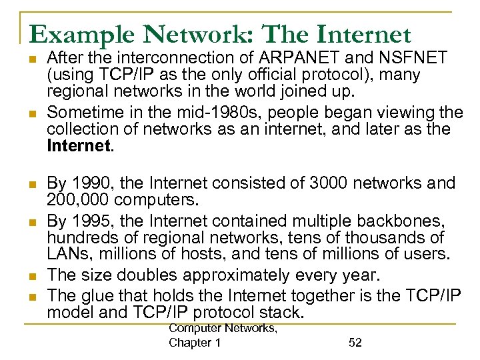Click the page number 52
[355, 342]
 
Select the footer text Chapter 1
[195, 343]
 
